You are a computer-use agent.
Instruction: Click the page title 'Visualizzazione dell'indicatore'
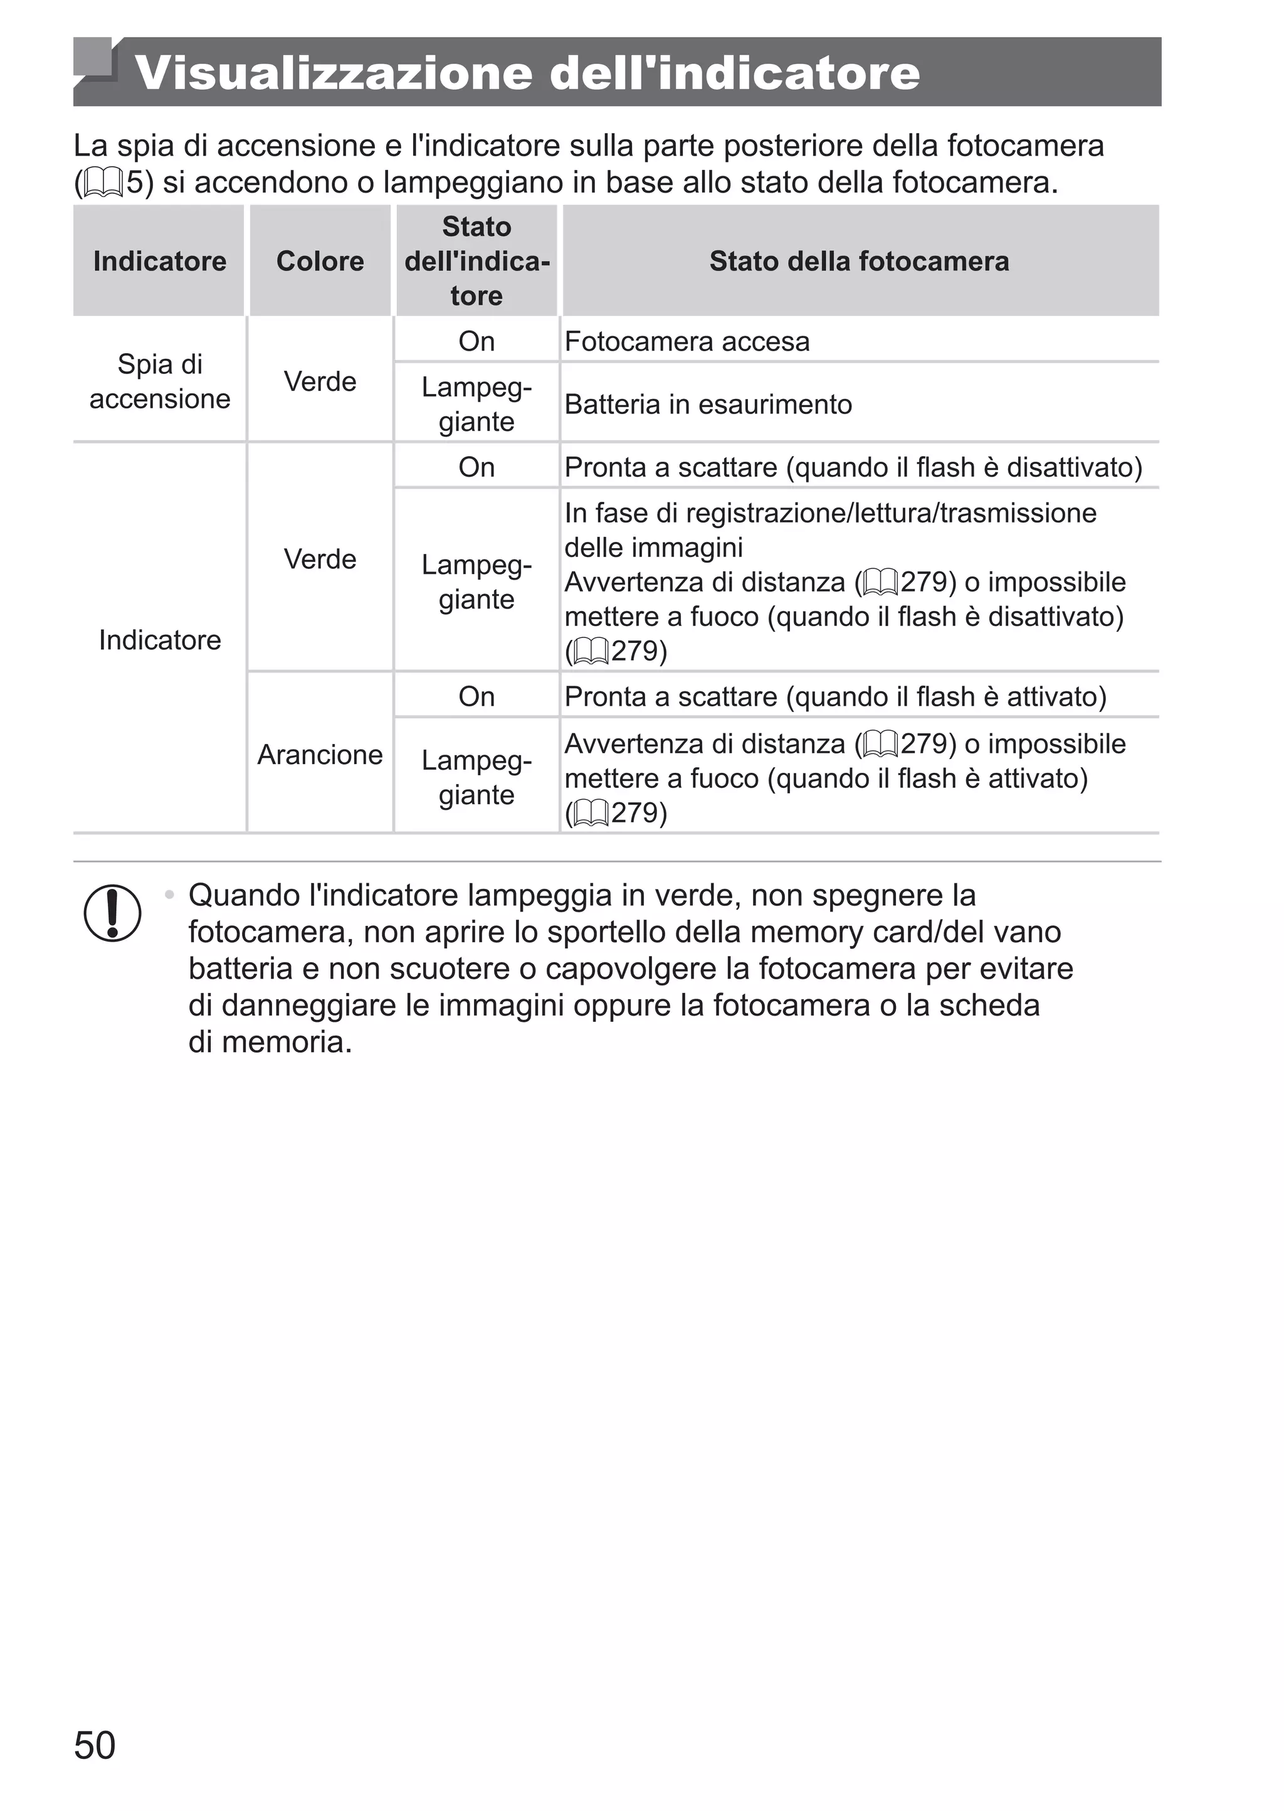tap(527, 73)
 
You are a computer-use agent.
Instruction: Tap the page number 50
tap(94, 1766)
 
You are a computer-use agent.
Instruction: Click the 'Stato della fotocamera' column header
tap(859, 261)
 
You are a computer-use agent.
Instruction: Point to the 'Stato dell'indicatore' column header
tap(476, 261)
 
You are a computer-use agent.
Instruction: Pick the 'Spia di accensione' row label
tap(160, 381)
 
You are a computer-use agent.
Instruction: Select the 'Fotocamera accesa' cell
tap(687, 342)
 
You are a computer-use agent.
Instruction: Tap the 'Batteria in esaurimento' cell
tap(708, 404)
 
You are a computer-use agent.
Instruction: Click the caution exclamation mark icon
tap(112, 913)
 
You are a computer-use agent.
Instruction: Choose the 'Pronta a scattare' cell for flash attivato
tap(835, 697)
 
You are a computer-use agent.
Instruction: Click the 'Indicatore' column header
tap(160, 261)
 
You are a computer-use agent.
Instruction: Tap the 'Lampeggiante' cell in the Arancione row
tap(476, 777)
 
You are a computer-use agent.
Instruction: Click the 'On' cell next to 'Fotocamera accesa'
tap(476, 342)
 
